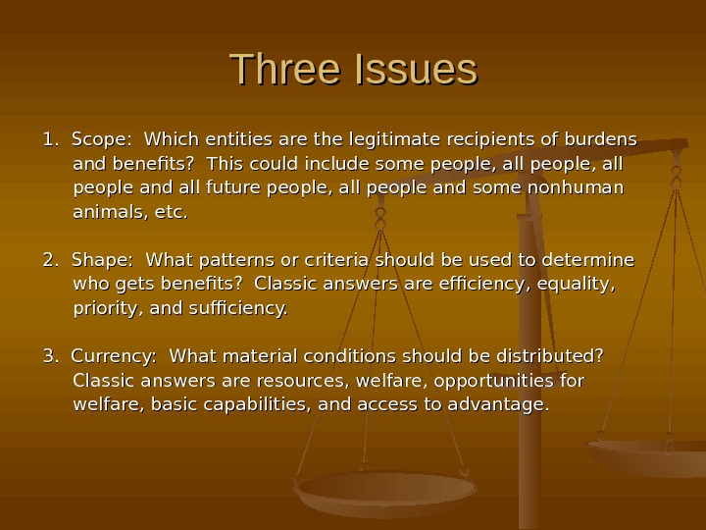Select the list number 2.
click(x=49, y=261)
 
